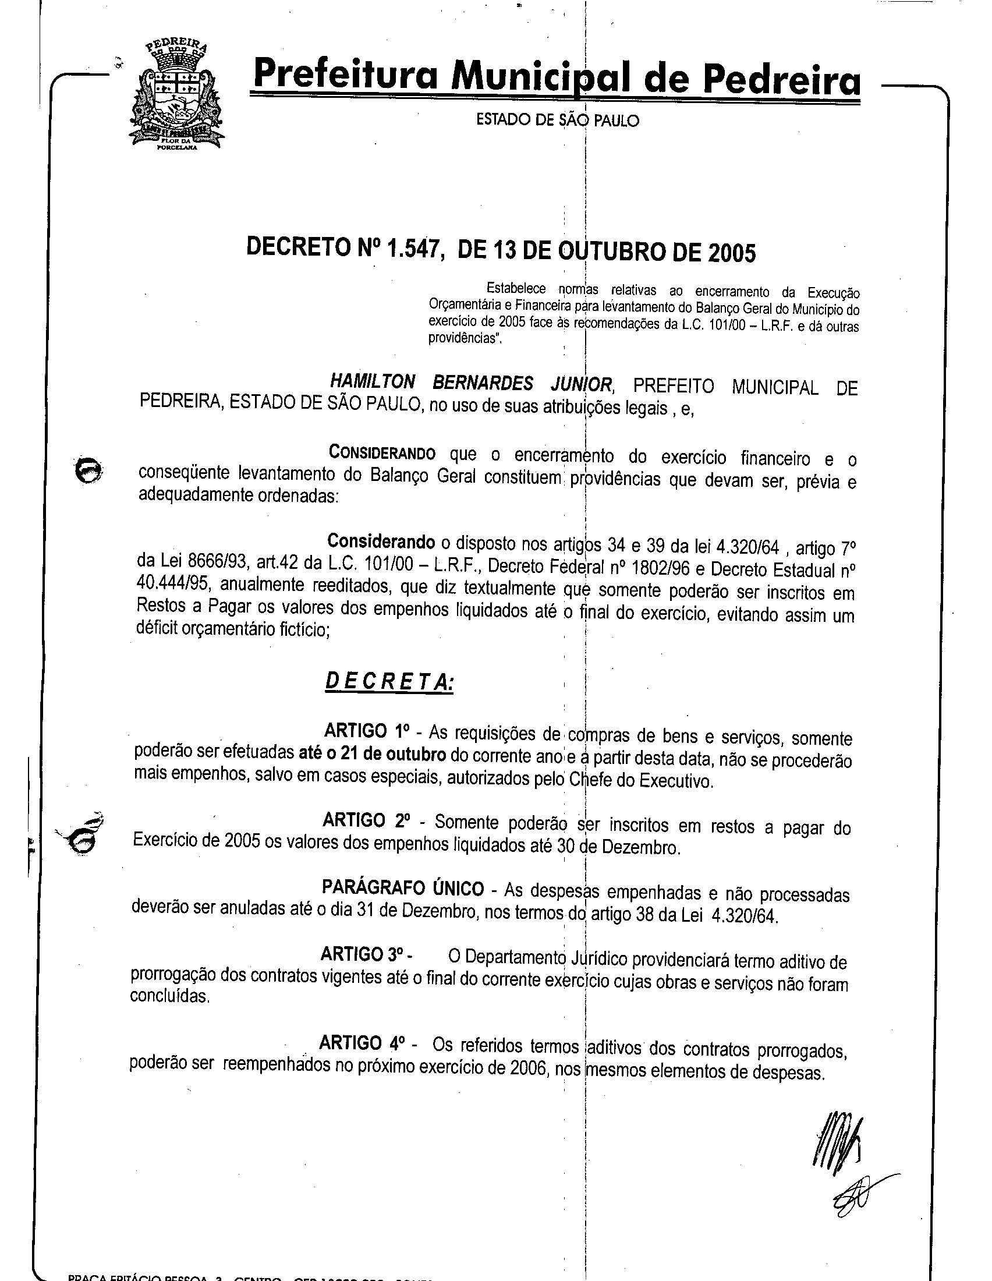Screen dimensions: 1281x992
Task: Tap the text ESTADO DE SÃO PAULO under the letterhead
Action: point(557,121)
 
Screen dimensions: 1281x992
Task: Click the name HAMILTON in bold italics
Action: point(373,382)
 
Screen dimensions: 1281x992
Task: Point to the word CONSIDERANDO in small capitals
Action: point(382,454)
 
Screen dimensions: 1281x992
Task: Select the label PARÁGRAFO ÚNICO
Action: point(403,889)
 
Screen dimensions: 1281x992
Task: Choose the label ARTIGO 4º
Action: point(362,1042)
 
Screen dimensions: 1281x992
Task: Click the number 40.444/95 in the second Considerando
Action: point(170,585)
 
